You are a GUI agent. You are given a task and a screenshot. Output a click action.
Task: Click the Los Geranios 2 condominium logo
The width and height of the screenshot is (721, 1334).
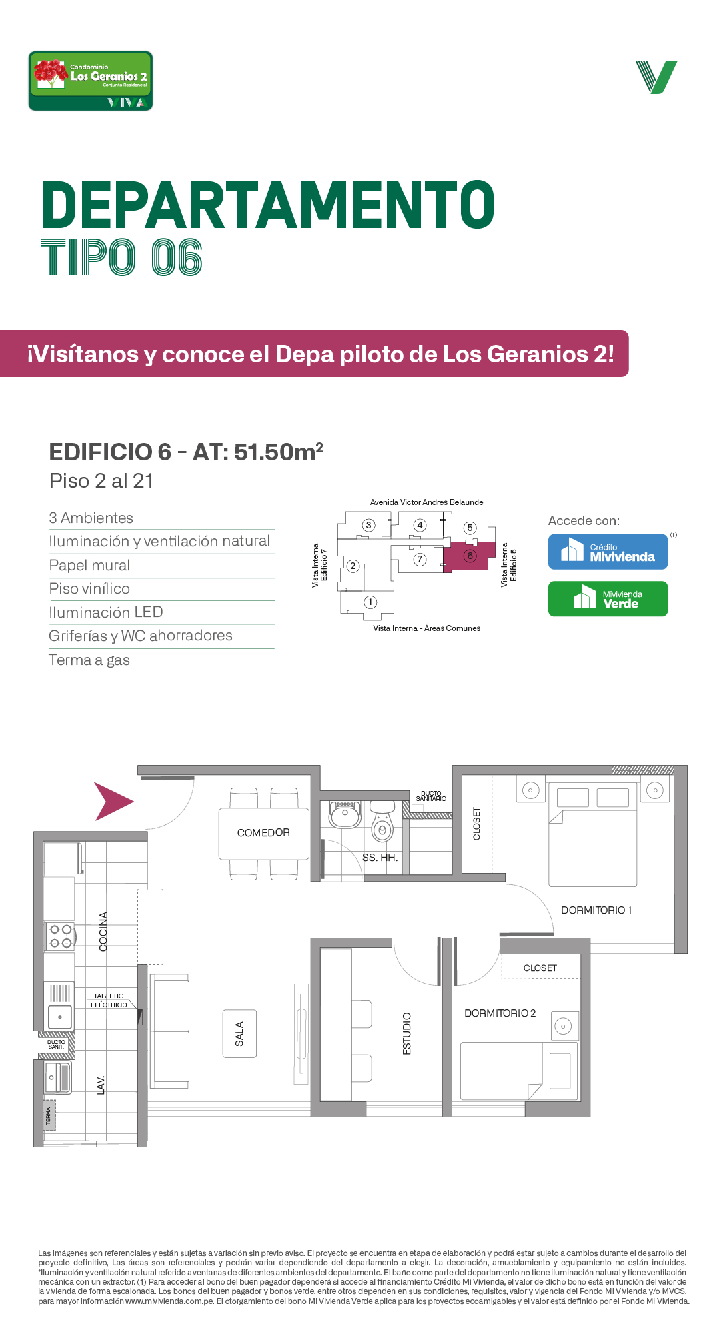click(x=91, y=81)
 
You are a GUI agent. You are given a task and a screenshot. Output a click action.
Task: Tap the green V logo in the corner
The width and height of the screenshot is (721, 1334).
click(x=656, y=77)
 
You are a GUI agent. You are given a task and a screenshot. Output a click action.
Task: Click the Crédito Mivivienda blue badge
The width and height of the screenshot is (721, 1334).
click(x=608, y=552)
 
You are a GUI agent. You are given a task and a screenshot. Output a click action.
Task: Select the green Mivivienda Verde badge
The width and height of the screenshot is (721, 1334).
click(x=608, y=598)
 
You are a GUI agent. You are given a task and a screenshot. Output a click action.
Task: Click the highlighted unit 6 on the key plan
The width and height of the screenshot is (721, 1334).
click(x=470, y=556)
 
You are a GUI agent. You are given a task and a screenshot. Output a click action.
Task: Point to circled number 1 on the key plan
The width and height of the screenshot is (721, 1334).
click(x=370, y=602)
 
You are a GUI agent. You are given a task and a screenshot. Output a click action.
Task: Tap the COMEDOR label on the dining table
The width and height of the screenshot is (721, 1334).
click(x=263, y=832)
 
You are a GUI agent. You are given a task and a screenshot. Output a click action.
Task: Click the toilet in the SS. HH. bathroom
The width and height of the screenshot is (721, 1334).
click(x=382, y=822)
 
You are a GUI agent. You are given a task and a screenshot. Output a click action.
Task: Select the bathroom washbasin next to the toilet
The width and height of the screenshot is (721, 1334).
click(x=345, y=814)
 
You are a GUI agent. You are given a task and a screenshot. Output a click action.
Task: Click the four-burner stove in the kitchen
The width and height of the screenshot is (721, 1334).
click(x=60, y=936)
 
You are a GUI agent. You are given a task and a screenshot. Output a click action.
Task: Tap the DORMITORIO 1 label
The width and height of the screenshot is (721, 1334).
click(x=596, y=910)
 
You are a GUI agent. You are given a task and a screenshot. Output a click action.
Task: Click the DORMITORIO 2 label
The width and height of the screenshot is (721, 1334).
click(x=500, y=1013)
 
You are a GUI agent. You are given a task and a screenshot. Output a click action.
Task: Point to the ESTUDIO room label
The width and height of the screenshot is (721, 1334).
click(x=407, y=1034)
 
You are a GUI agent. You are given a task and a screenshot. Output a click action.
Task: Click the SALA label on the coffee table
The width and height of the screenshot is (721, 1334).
click(x=239, y=1034)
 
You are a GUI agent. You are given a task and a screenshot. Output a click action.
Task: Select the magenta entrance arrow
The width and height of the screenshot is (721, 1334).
click(x=113, y=801)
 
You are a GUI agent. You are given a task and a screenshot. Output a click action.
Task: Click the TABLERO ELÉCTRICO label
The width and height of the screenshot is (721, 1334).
click(x=109, y=1000)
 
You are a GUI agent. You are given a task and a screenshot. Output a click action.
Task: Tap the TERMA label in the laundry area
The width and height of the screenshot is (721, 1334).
click(x=48, y=1115)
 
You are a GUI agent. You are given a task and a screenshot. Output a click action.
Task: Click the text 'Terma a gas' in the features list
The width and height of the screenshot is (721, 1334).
click(x=89, y=660)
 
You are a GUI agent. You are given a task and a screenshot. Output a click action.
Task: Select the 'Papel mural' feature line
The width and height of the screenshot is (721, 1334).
click(x=89, y=566)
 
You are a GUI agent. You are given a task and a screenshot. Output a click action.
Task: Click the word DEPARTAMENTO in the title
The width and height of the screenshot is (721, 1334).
click(x=268, y=205)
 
